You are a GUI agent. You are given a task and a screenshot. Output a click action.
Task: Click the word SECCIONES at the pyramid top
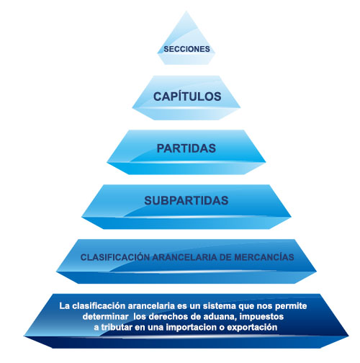click(186, 49)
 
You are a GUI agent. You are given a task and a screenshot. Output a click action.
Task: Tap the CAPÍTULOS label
click(187, 97)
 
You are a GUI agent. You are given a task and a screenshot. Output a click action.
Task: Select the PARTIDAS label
click(186, 148)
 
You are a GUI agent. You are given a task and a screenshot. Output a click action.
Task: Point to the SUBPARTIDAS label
click(186, 200)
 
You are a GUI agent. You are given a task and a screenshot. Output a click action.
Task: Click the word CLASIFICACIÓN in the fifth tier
click(115, 257)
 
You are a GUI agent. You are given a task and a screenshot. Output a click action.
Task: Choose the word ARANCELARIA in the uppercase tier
click(185, 257)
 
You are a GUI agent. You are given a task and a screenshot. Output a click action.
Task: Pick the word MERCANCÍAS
click(264, 257)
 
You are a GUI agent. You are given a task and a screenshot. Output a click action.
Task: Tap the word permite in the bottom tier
click(291, 306)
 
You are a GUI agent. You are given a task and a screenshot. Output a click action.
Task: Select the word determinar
click(105, 316)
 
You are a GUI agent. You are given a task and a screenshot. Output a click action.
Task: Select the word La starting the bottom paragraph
click(65, 306)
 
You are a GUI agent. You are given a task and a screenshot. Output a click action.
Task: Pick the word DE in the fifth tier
click(225, 257)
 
